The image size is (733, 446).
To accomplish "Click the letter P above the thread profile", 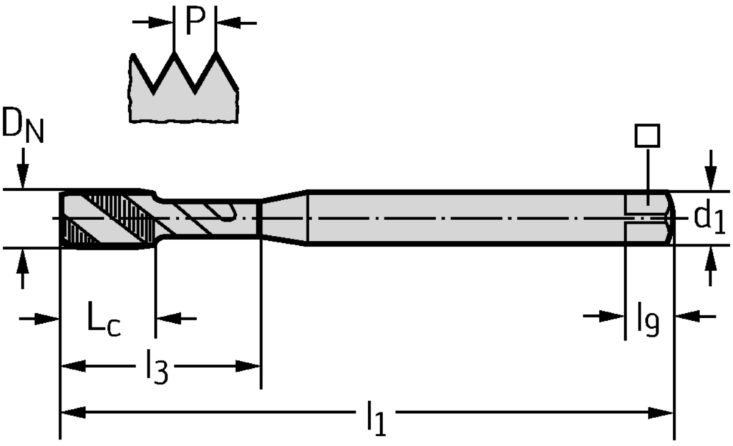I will pyautogui.click(x=195, y=21).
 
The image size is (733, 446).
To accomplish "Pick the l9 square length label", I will pyautogui.click(x=648, y=319).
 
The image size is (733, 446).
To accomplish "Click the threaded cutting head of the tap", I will pyautogui.click(x=107, y=219).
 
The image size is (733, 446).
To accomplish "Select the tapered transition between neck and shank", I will pyautogui.click(x=283, y=218).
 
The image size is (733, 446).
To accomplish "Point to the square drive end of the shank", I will pyautogui.click(x=648, y=218).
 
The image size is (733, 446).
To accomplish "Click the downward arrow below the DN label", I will pyautogui.click(x=23, y=172).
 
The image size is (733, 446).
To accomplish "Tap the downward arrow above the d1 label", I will pyautogui.click(x=710, y=172).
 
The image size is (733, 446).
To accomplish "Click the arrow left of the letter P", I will pyautogui.click(x=154, y=23).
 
